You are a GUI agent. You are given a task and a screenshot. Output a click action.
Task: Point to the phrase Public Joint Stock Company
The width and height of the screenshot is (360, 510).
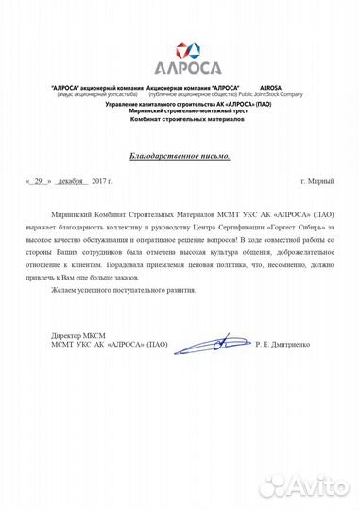point(263,95)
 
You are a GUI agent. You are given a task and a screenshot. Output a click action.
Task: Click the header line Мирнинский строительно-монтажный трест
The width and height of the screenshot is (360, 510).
point(180,112)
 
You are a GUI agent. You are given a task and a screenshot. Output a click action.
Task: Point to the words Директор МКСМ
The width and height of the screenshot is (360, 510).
point(77,336)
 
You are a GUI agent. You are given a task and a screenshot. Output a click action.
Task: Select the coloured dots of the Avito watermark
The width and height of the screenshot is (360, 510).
point(276,484)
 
